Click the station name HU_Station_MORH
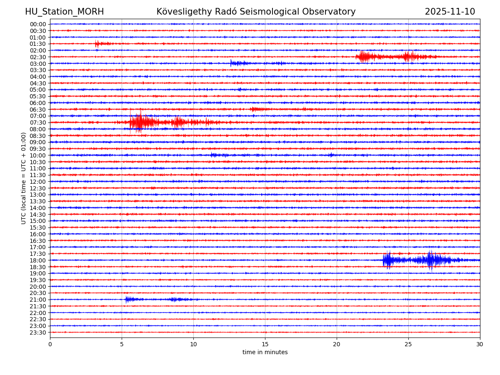[64, 12]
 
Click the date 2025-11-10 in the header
[450, 12]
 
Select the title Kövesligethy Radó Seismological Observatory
[256, 12]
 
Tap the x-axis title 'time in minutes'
[265, 352]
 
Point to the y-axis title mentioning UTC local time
[24, 178]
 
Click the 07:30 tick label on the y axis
[38, 122]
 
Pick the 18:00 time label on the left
[38, 260]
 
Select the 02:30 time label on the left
[38, 57]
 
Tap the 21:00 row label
[38, 300]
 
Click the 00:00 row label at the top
[38, 24]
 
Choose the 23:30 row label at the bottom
[38, 332]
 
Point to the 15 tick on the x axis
[265, 344]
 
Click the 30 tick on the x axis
[480, 344]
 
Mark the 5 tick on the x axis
[122, 344]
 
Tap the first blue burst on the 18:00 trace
[388, 260]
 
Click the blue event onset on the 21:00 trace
[127, 299]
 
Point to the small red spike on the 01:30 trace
[97, 44]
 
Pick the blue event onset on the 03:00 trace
[231, 63]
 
